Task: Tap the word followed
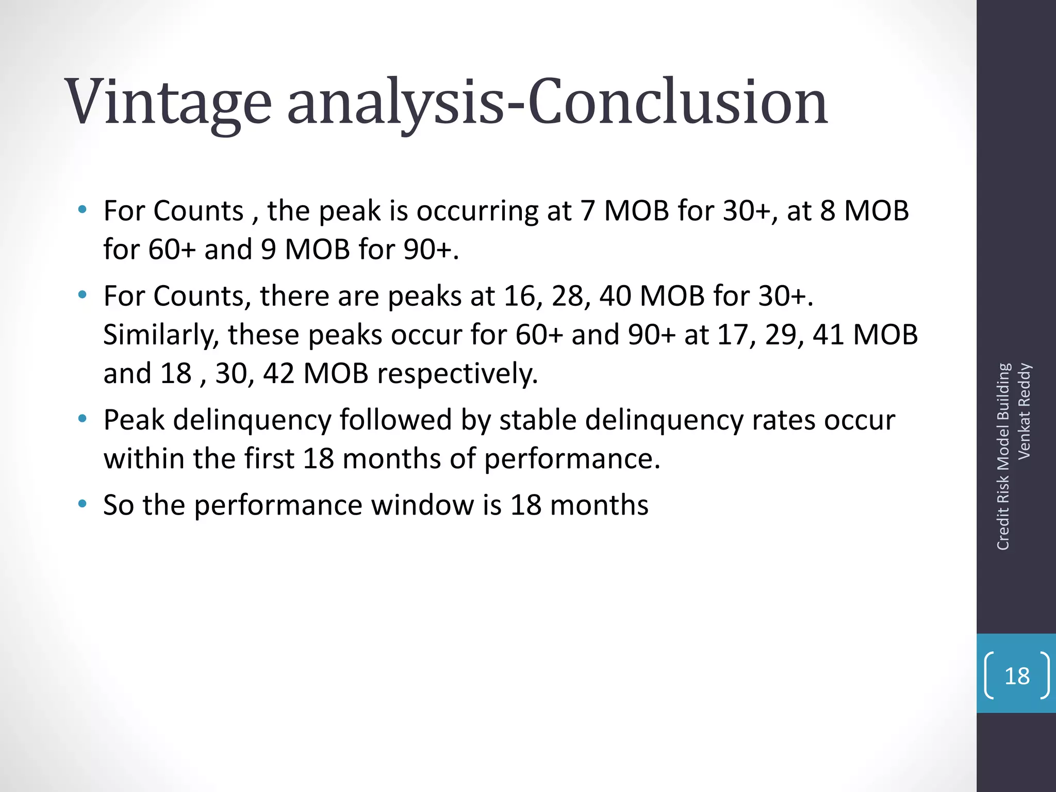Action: (395, 420)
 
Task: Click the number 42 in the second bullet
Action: (278, 374)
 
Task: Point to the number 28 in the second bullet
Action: (568, 296)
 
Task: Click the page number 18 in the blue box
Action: (1017, 676)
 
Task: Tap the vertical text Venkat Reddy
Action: (1024, 411)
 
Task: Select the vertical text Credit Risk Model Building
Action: (1003, 457)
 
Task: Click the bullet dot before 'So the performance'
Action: (82, 503)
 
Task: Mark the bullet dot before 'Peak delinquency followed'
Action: (82, 418)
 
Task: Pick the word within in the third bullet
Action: (144, 459)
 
